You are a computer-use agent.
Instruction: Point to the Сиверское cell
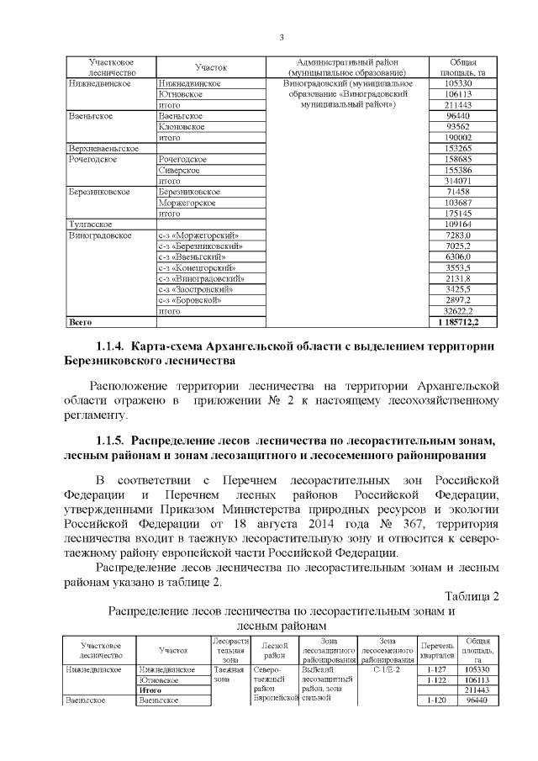click(x=180, y=170)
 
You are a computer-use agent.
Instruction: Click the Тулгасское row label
click(x=91, y=225)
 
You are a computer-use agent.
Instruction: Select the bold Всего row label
click(x=80, y=322)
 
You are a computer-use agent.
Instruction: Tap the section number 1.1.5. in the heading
click(x=110, y=441)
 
